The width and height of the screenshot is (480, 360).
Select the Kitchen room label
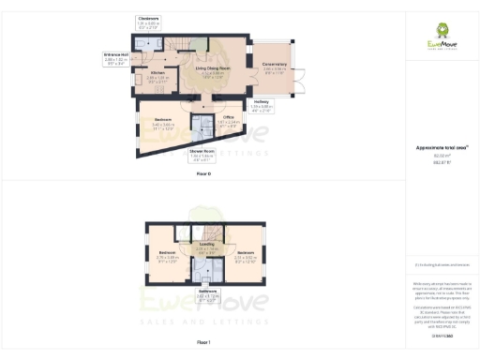(x=158, y=77)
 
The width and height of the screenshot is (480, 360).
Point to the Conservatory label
(x=276, y=68)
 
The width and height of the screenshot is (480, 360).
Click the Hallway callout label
(x=262, y=106)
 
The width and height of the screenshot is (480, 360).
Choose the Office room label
(x=229, y=120)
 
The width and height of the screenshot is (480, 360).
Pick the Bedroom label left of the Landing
(x=168, y=258)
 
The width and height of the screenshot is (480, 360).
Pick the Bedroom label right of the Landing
(x=247, y=258)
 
